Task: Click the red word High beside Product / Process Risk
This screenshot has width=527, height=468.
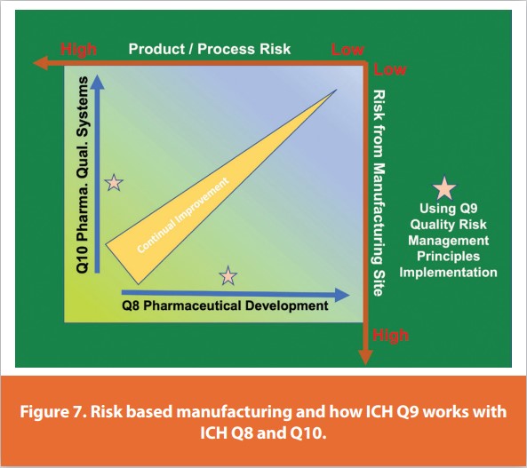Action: pos(78,50)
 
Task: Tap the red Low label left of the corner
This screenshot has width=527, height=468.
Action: pos(347,50)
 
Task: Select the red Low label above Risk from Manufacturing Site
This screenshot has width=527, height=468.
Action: pos(390,69)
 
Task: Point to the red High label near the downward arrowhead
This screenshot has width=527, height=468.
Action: pos(390,336)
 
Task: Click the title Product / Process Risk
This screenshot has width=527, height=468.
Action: pos(210,49)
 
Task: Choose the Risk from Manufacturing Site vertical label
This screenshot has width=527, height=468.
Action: pos(379,193)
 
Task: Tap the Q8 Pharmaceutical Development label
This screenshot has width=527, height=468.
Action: pos(225,305)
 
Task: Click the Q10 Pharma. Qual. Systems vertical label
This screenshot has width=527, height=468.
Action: pos(83,175)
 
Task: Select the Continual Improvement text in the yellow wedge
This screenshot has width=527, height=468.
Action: pos(183,215)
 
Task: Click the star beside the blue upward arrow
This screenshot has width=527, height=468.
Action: pos(114,183)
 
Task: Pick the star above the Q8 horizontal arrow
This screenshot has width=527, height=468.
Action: pos(228,275)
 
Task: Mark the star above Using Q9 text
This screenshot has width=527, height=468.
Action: pos(444,188)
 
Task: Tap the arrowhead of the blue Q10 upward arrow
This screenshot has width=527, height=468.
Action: pos(97,82)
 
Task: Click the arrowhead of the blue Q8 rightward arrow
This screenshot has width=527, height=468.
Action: pos(342,295)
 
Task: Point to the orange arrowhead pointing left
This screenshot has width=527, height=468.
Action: pos(41,63)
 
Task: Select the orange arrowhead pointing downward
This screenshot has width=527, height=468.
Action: pos(365,358)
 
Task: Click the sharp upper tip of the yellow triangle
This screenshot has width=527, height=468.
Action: pos(337,90)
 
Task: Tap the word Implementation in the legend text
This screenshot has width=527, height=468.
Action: pos(449,272)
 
